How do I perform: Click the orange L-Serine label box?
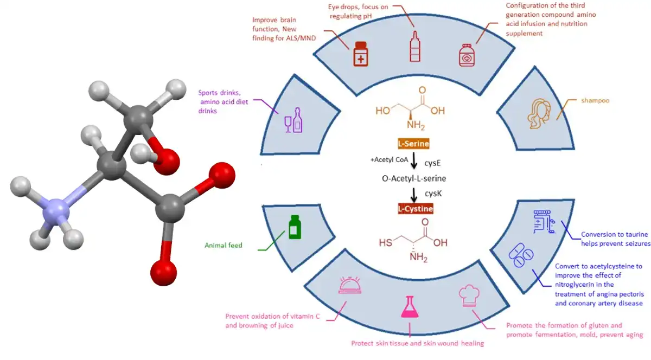coord(413,144)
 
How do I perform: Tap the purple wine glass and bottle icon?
coord(293,120)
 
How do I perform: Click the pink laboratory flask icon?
coord(410,307)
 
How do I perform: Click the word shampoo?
coord(595,100)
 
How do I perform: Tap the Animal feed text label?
coord(223,245)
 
